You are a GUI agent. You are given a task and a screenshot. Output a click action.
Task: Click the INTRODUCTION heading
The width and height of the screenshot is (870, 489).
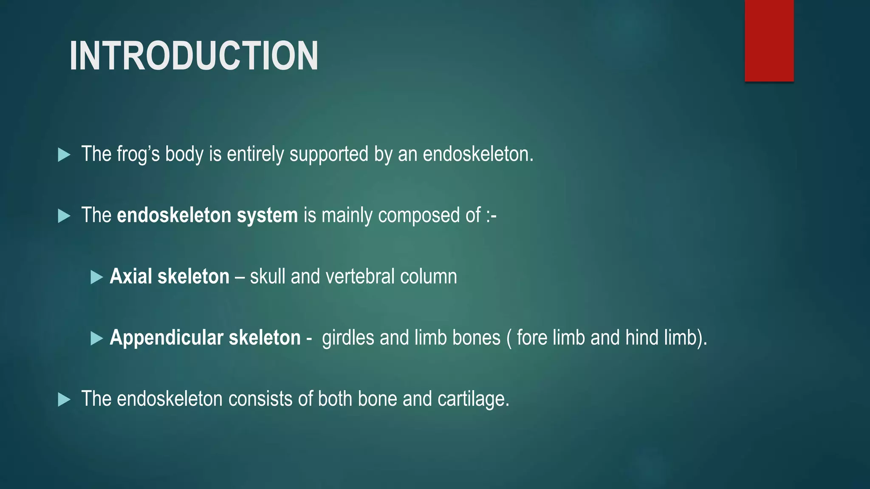coord(194,56)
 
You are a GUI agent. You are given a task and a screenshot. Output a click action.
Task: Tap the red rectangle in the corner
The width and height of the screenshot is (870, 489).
coord(769,40)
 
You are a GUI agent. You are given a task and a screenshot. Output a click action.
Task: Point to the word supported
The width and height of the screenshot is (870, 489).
coord(329,154)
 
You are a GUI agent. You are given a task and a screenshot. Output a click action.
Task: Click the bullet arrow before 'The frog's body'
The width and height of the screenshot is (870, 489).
coord(64,155)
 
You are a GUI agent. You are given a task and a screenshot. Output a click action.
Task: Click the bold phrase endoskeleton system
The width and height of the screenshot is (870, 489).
coord(207,215)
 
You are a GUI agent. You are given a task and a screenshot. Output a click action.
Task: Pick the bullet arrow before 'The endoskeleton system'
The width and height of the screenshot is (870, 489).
coord(64,216)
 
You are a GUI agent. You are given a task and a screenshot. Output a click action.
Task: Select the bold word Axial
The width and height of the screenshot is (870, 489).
coord(131,276)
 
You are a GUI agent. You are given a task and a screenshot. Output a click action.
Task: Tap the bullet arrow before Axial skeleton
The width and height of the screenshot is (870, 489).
coord(97,278)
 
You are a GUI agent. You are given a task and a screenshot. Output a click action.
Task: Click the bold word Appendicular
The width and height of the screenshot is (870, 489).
coord(167,338)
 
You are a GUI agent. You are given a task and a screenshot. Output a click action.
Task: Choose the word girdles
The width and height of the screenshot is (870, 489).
coord(348,338)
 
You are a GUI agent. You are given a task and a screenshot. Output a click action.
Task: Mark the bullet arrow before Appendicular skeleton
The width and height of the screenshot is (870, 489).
coord(97,339)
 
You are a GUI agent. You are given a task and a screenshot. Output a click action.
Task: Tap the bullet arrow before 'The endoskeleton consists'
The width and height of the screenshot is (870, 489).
coord(64,399)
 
